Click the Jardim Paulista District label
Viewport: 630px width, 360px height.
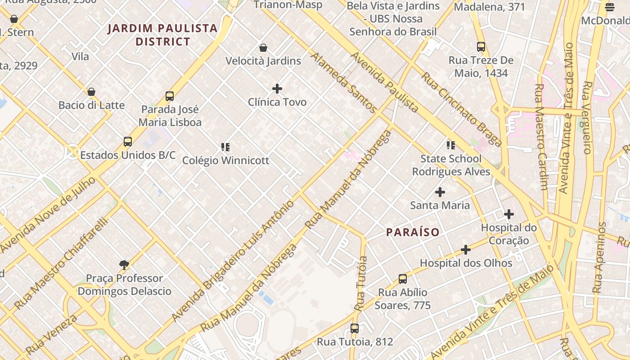click(x=163, y=35)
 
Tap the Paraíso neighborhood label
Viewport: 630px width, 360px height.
click(x=413, y=232)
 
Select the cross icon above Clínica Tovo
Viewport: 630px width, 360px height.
click(x=277, y=89)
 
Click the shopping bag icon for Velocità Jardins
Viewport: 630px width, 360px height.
click(x=263, y=48)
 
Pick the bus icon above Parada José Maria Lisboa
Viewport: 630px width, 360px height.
click(x=170, y=96)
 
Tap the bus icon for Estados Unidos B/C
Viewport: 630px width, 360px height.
click(x=128, y=142)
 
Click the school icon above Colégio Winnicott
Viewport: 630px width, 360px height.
click(x=225, y=147)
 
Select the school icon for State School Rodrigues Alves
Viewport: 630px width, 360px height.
click(x=450, y=145)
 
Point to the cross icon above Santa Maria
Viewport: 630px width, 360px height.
click(x=440, y=192)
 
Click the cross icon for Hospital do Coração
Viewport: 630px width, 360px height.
click(x=509, y=214)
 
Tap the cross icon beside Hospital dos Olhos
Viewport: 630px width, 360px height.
click(x=466, y=250)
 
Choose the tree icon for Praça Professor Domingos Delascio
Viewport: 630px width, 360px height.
click(x=124, y=265)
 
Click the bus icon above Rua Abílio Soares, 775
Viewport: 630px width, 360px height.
click(x=403, y=279)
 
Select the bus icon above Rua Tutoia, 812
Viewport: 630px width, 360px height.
click(x=355, y=328)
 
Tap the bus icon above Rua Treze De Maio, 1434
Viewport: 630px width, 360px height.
click(x=481, y=46)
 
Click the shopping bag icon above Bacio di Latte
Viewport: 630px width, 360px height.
click(x=91, y=92)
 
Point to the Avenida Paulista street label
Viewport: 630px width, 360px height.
click(x=384, y=82)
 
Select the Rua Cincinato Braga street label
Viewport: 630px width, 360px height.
click(x=461, y=109)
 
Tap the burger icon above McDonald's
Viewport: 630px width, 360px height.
click(x=610, y=7)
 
